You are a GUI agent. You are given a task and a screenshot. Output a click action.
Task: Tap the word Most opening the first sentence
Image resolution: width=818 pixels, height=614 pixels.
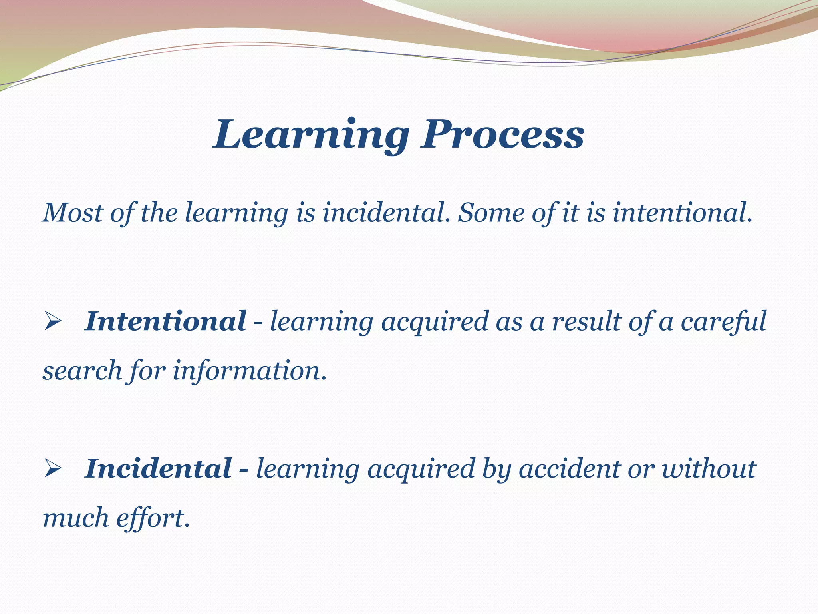click(x=72, y=212)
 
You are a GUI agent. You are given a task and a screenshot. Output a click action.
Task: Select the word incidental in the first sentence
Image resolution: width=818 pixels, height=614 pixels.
click(x=383, y=212)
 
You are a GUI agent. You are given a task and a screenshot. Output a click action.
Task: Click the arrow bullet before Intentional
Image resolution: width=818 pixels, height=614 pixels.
click(x=52, y=322)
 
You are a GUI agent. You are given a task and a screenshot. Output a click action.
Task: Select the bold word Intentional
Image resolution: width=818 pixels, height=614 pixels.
click(x=165, y=321)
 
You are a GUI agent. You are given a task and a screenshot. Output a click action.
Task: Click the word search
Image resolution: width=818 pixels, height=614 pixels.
click(x=82, y=371)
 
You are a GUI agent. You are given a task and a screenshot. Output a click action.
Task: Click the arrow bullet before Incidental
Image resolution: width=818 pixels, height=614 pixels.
click(x=52, y=469)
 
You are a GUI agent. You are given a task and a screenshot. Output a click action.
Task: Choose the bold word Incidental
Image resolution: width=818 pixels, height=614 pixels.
click(x=158, y=468)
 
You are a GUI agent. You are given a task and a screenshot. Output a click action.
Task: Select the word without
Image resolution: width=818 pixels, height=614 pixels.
click(x=709, y=468)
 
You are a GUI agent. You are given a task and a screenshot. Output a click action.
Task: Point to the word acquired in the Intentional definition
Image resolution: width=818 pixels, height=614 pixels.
click(x=435, y=322)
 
